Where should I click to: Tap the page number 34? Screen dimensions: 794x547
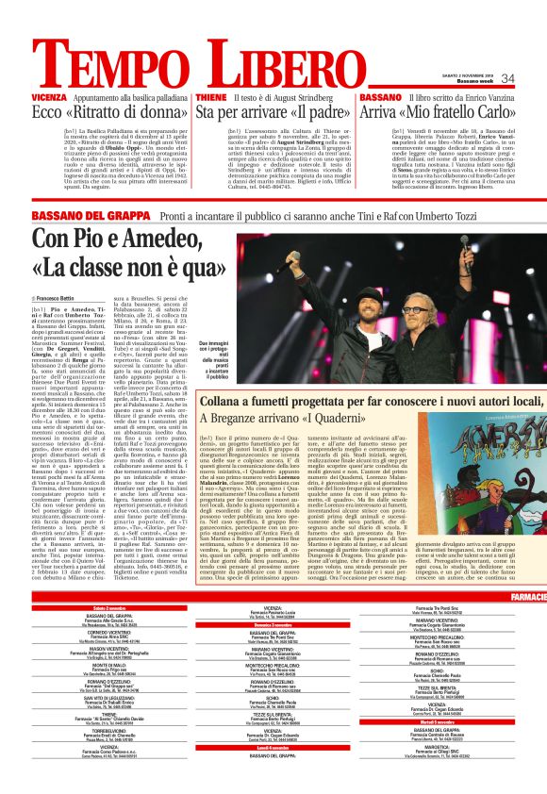(507, 78)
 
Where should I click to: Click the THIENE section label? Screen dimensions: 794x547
(211, 97)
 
